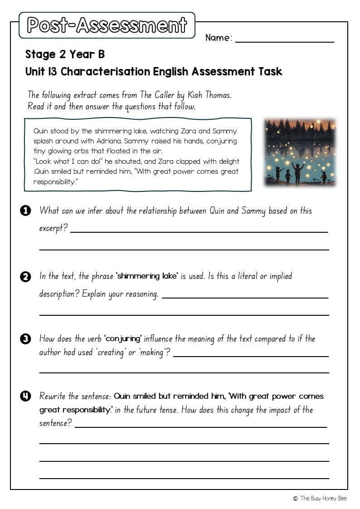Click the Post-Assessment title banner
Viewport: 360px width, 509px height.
coord(107,25)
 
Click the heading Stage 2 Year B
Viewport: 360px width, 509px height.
coord(65,54)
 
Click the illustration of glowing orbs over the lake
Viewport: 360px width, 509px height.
coord(300,152)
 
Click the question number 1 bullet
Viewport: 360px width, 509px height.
coord(26,210)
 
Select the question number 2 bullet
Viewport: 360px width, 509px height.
coord(26,276)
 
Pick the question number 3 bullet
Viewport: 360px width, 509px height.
coord(26,339)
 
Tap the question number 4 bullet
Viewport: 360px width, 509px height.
coord(26,396)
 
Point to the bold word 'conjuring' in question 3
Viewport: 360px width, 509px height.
coord(123,339)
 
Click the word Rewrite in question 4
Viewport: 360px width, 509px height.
coord(53,396)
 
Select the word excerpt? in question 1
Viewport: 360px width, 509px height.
coord(54,228)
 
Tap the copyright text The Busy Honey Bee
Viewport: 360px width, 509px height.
coord(323,499)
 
